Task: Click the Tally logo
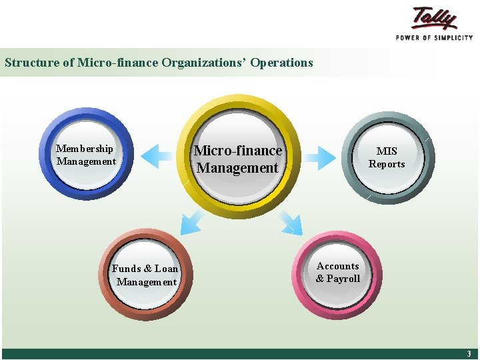point(435,18)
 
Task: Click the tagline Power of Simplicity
point(434,38)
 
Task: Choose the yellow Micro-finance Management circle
point(238,157)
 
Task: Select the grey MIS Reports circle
point(387,157)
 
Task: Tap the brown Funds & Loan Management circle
point(146,275)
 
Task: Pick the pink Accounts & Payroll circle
point(338,274)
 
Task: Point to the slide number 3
point(469,354)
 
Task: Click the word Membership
point(85,149)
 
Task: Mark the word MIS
point(387,151)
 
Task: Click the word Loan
point(166,269)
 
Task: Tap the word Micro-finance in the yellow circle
point(238,151)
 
